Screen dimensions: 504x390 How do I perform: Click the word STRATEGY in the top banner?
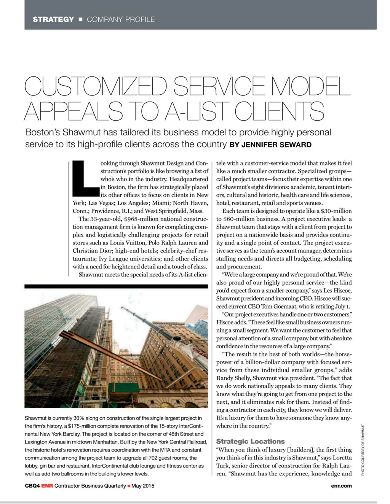coord(53,19)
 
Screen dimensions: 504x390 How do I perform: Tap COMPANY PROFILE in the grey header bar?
coord(121,19)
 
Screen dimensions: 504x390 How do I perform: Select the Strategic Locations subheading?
coord(250,442)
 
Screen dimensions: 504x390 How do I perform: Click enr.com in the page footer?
coord(341,486)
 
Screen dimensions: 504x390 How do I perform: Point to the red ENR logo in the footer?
coord(47,486)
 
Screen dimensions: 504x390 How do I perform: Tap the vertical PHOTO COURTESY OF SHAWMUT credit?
coord(363,450)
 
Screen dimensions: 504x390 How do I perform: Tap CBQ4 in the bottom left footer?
coord(32,486)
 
